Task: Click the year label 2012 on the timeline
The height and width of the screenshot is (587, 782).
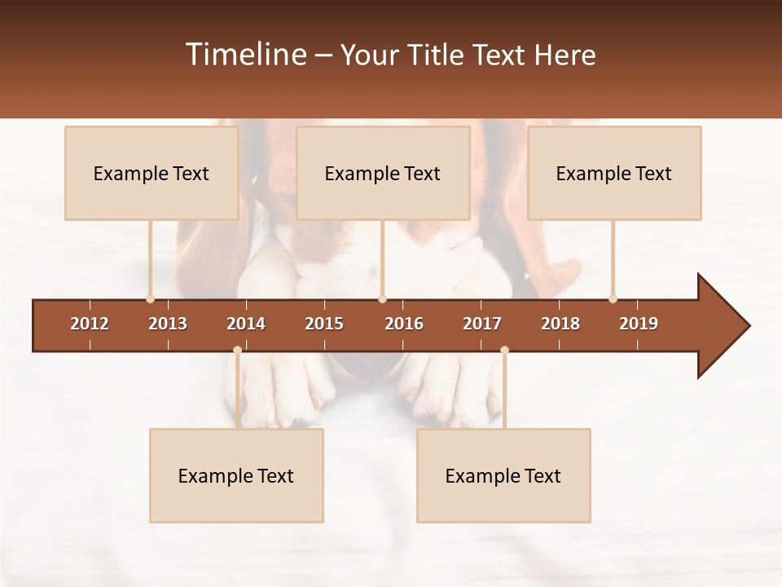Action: [90, 324]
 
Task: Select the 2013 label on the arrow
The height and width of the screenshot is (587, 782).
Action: [168, 324]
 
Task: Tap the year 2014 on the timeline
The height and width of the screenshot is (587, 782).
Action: [246, 324]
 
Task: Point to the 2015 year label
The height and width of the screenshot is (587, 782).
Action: [324, 324]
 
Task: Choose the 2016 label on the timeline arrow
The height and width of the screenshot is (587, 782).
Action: [404, 324]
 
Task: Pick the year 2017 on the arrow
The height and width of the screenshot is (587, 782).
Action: [482, 324]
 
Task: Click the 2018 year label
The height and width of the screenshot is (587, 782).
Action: [560, 324]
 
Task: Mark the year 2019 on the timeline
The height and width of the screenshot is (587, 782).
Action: [639, 324]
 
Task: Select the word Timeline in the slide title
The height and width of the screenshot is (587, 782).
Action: [245, 55]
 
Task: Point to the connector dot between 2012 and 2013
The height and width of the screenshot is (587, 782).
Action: [150, 298]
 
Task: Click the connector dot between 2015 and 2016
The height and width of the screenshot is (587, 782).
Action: [382, 298]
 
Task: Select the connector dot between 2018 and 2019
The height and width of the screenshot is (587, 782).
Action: [613, 298]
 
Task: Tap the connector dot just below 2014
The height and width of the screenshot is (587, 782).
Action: [237, 350]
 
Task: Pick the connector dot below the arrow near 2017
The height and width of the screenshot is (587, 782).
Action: [504, 350]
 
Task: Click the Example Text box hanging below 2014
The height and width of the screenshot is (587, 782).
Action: [236, 475]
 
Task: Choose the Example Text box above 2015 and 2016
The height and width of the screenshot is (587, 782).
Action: [383, 173]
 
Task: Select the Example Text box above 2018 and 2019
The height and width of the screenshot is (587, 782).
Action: [614, 173]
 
